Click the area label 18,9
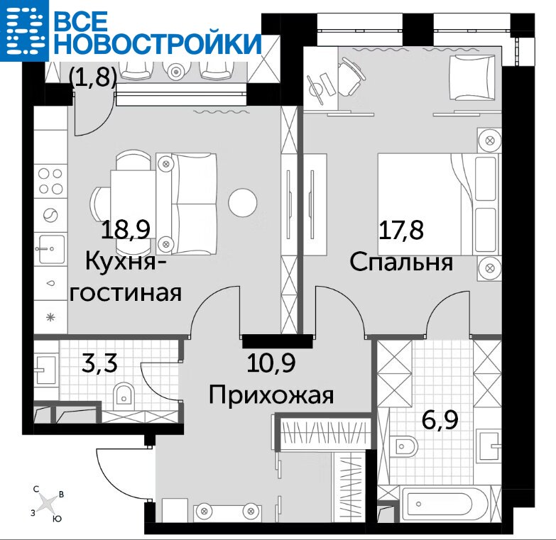[126, 230]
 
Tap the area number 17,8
[401, 230]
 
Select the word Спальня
[401, 263]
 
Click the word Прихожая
[271, 395]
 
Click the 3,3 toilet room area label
[99, 363]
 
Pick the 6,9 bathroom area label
[440, 420]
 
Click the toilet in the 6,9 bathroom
[403, 446]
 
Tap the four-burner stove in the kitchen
[50, 181]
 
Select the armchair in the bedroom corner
[472, 77]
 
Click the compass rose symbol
[47, 502]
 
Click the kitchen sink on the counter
[50, 249]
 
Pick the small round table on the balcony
[175, 72]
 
